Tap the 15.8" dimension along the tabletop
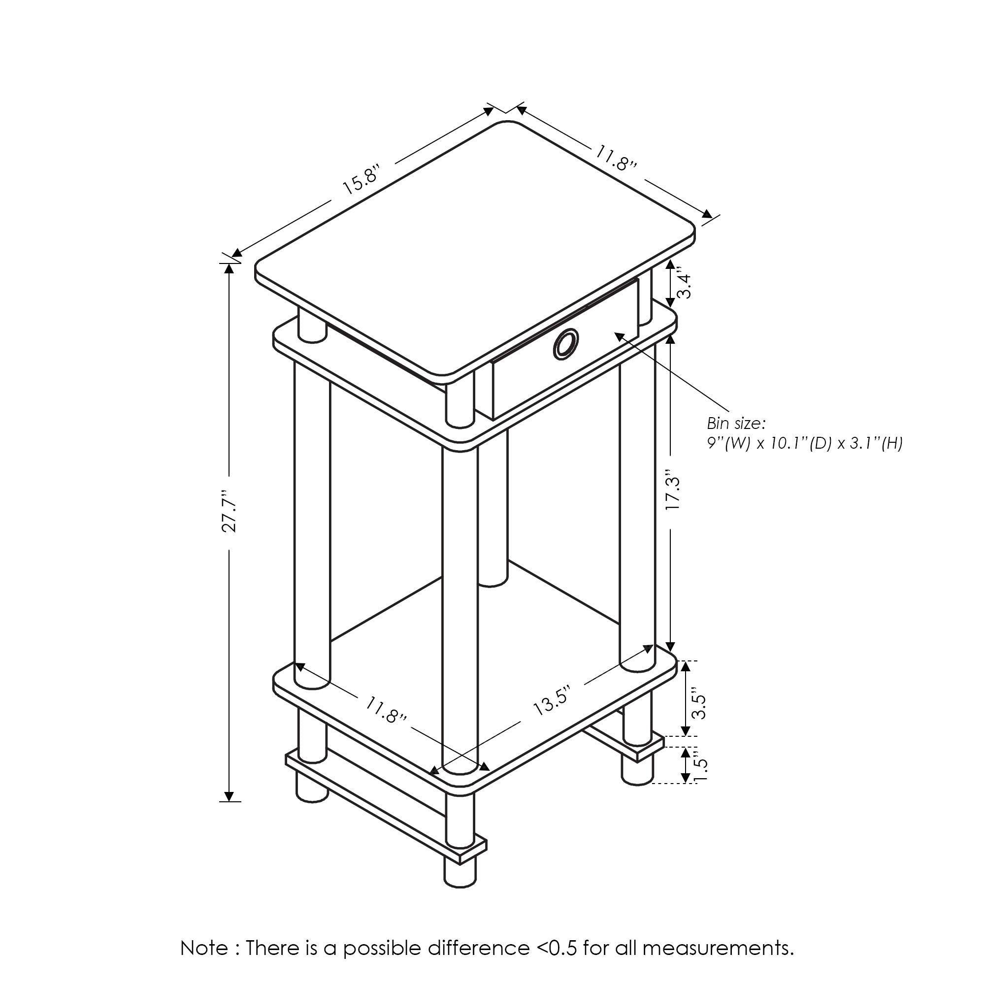click(x=361, y=179)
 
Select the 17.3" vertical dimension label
click(x=673, y=493)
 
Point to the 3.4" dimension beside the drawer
click(x=684, y=286)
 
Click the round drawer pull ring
click(x=566, y=344)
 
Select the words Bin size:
click(x=736, y=423)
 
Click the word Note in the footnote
click(x=204, y=948)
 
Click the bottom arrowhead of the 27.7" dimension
click(x=230, y=796)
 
